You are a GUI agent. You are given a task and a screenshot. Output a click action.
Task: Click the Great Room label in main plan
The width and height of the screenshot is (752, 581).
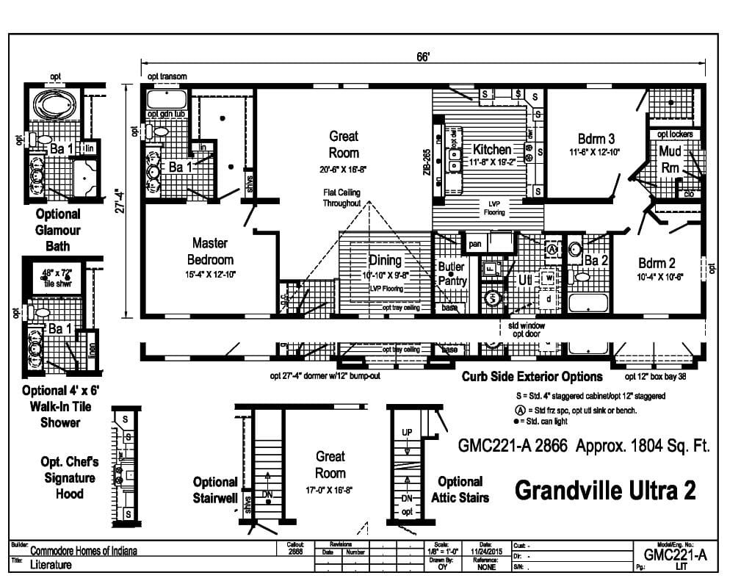pos(344,144)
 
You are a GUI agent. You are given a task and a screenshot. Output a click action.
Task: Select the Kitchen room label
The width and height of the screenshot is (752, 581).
pos(491,150)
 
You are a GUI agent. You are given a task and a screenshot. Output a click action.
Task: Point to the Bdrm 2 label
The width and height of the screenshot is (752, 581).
pos(657,263)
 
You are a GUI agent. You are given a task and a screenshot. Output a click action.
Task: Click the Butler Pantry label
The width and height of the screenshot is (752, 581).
pos(451,274)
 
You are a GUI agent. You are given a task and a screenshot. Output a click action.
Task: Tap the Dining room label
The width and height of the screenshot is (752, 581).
pos(385,261)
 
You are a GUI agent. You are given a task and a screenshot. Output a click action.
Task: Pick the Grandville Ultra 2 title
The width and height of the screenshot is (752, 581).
pos(604,490)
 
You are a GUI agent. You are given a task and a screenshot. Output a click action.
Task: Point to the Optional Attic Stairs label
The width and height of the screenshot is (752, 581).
pos(460,489)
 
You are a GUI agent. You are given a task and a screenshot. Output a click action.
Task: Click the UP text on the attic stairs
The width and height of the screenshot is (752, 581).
pos(407,433)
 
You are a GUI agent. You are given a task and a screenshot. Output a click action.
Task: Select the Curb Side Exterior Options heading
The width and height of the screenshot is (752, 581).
pos(532,377)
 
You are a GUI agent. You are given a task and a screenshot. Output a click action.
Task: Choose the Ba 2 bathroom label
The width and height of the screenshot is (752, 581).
pos(596,259)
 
